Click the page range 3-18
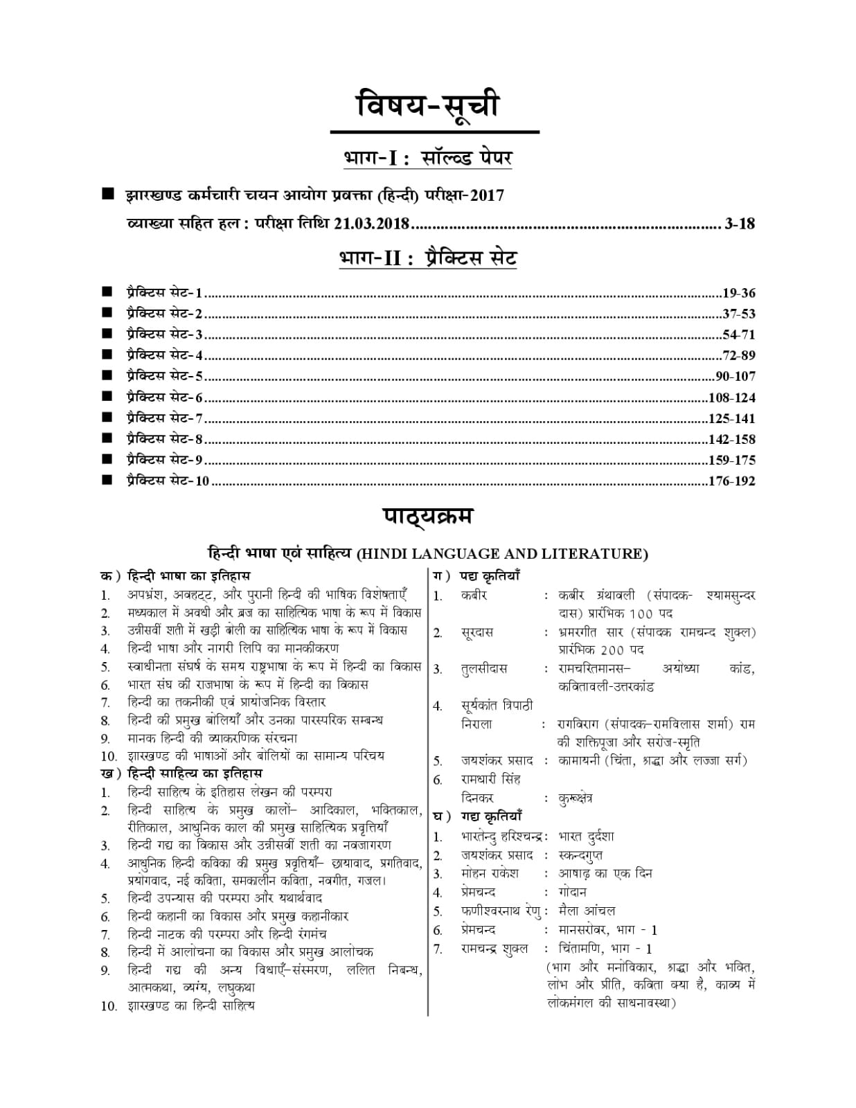coord(740,224)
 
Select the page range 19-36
coord(738,293)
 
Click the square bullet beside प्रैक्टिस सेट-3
coord(107,334)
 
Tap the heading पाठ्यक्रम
coord(427,517)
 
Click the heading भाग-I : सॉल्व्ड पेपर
coord(427,158)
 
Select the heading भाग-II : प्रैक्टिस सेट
coord(427,258)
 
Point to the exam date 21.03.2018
coord(372,224)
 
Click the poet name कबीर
coord(474,596)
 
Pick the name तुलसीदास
coord(484,669)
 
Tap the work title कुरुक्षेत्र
coord(575,798)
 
